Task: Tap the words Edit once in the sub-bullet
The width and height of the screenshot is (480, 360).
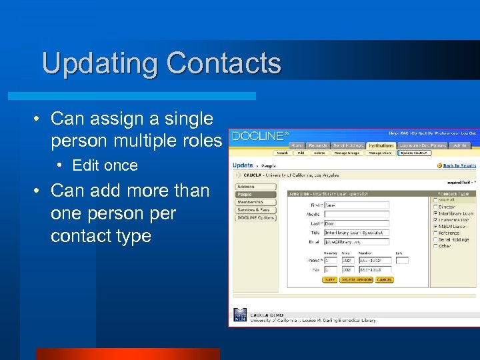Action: click(105, 165)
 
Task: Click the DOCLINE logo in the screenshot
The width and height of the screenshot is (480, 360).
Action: click(260, 136)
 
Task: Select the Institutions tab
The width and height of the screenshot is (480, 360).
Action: click(381, 145)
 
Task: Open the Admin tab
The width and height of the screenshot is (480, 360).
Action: click(460, 145)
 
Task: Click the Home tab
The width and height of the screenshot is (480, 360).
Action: click(297, 145)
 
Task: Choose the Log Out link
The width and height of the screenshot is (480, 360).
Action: click(469, 133)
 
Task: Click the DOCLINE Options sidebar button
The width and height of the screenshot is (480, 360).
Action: click(256, 218)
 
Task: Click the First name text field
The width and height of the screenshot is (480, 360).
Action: click(356, 205)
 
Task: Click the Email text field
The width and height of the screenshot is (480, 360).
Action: click(356, 242)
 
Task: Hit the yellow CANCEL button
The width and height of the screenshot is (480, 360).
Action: click(384, 280)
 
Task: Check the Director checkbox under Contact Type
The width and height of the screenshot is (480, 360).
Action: click(436, 207)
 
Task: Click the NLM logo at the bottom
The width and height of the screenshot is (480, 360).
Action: click(239, 315)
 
